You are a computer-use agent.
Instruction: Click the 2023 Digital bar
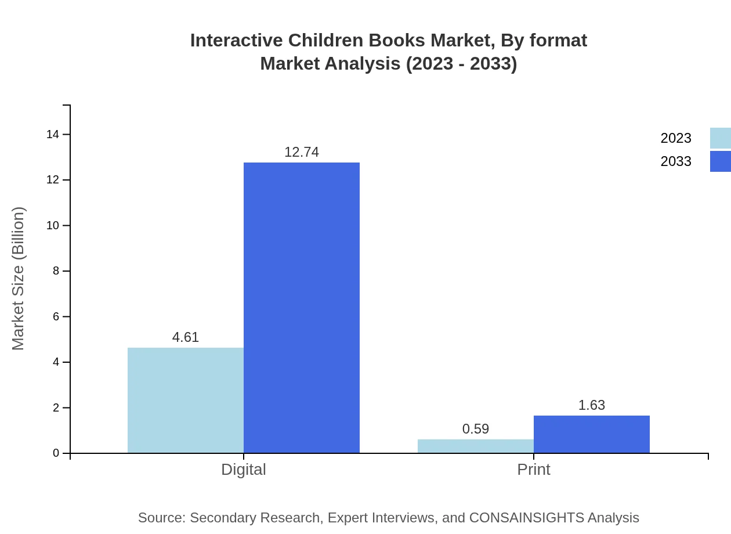pos(186,400)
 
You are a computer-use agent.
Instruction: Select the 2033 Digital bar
pos(302,308)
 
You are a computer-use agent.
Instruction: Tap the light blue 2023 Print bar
pos(476,446)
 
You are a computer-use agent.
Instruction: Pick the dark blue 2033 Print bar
pos(592,434)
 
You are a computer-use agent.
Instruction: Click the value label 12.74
pos(302,152)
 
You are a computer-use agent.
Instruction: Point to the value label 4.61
pos(186,337)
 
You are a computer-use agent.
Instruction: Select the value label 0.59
pos(476,429)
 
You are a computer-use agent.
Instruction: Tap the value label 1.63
pos(592,405)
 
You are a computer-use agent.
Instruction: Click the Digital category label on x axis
pos(244,470)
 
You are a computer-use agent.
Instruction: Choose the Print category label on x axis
pos(534,470)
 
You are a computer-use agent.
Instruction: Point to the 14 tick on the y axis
pos(53,135)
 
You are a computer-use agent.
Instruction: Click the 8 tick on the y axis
pos(56,271)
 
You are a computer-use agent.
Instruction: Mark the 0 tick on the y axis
pos(56,453)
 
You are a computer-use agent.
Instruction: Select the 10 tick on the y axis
pos(53,226)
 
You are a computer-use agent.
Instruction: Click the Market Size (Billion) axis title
pos(19,279)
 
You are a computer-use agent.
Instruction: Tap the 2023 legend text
pos(676,138)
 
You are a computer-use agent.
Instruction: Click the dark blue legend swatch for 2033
pos(720,161)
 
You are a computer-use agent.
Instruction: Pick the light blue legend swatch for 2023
pos(720,138)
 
